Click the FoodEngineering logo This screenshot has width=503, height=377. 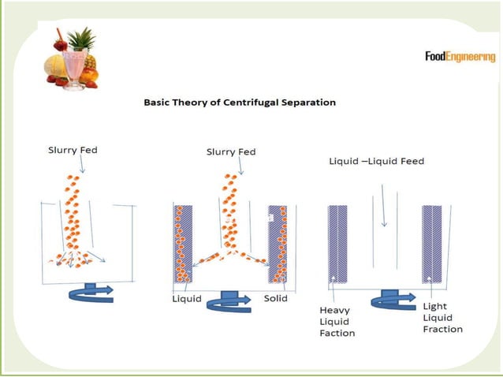[460, 57]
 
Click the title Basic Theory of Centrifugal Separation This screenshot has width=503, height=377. [240, 103]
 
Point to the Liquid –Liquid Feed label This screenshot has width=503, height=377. [376, 162]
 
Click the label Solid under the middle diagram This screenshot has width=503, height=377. [276, 299]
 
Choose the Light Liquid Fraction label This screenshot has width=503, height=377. [442, 317]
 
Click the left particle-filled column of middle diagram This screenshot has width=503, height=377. [182, 244]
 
